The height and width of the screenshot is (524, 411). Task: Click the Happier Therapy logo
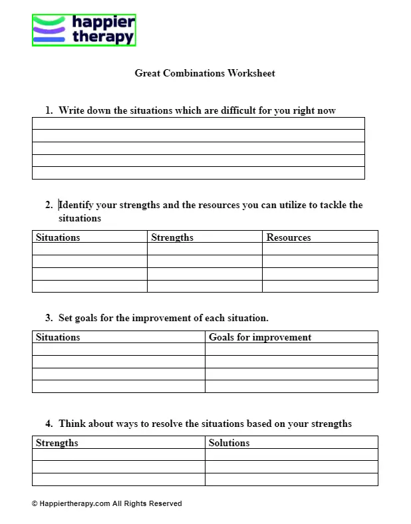(x=84, y=31)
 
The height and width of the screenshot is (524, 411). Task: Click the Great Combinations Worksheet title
(x=205, y=73)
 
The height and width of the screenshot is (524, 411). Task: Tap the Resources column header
(x=289, y=237)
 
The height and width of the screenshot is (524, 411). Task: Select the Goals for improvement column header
(x=260, y=337)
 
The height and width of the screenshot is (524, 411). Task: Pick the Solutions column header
(x=229, y=443)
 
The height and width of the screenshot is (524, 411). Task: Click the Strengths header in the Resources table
(x=172, y=237)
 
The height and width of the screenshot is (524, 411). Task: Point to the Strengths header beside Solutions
(x=57, y=443)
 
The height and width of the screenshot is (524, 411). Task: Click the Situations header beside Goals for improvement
(x=58, y=337)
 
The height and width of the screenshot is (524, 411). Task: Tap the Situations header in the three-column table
(x=58, y=237)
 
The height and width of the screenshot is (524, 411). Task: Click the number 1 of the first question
(x=48, y=110)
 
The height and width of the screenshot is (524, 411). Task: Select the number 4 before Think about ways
(x=49, y=424)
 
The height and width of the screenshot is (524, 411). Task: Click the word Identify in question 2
(x=76, y=205)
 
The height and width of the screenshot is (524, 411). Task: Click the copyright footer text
(x=106, y=503)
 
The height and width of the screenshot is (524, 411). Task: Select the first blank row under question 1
(x=198, y=124)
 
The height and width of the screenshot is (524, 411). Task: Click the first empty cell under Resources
(x=320, y=249)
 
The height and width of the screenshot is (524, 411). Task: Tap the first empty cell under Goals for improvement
(x=291, y=349)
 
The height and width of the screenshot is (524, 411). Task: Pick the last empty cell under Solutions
(x=291, y=479)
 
